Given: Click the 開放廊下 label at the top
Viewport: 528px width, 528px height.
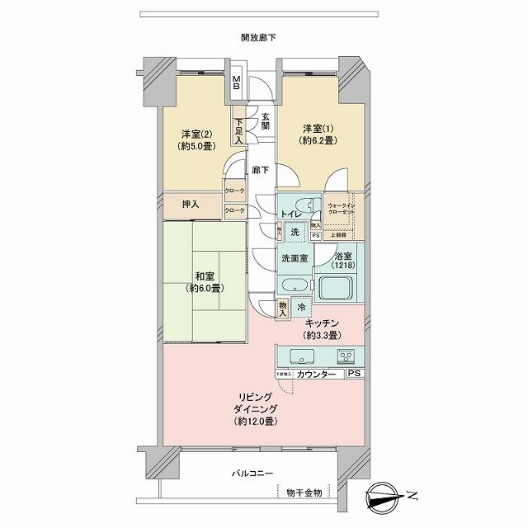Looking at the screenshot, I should point(258,38).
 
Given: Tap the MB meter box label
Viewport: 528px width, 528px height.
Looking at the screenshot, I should point(236,83).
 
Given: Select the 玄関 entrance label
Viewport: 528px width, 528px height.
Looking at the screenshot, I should point(266,121).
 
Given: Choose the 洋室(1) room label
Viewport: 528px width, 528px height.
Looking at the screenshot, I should point(318,134).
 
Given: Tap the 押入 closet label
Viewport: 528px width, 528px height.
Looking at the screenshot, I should point(190,203).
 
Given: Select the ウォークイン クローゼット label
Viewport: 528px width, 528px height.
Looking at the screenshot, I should point(340,207).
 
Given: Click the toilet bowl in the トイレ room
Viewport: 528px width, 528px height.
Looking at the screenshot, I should point(303,205).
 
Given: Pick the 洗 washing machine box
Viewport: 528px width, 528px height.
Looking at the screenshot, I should point(295,233).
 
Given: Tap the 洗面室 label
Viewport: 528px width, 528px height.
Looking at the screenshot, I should point(294,258).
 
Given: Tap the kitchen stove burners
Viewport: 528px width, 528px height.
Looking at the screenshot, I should point(346,357).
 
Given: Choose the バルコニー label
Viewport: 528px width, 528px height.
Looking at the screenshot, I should point(253,474).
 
